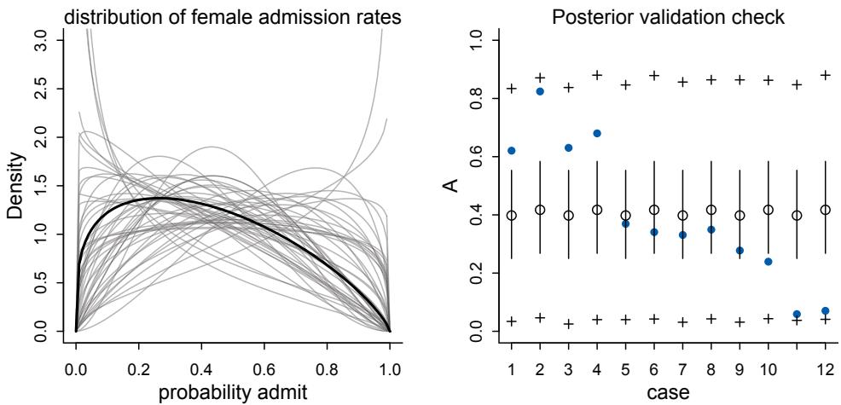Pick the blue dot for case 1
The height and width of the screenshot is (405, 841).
click(512, 150)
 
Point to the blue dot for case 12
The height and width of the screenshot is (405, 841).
click(826, 310)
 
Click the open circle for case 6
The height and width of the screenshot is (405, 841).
click(654, 210)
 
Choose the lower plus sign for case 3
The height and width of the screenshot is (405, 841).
click(569, 324)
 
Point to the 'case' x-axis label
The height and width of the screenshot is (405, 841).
click(668, 394)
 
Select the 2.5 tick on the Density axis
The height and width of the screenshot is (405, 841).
click(43, 89)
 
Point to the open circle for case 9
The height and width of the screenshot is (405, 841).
click(739, 216)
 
